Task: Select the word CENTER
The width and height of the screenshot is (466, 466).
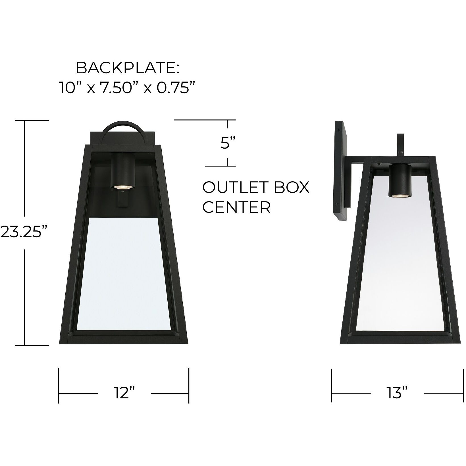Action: tap(236, 208)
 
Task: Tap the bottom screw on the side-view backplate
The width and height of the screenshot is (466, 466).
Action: tap(337, 204)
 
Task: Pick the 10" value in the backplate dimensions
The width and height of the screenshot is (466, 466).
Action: tap(70, 89)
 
